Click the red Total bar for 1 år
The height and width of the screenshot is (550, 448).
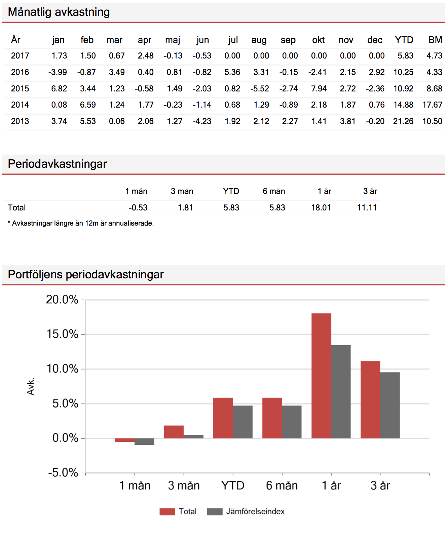pos(321,376)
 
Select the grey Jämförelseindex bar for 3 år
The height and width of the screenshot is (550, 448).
pos(390,405)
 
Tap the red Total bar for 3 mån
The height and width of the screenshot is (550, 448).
pos(174,432)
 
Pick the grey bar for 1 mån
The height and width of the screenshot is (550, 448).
pos(144,441)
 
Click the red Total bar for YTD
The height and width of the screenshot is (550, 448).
pos(223,418)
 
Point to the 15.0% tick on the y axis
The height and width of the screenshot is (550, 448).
pos(62,334)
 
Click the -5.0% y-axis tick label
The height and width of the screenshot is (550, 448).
pos(63,473)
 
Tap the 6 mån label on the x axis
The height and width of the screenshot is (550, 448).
pos(282,485)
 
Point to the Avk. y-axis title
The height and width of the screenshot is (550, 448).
pos(31,386)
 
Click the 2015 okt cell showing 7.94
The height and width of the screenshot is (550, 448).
pos(319,89)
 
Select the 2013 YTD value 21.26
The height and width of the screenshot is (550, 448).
pos(403,121)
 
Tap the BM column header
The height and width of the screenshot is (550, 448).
pos(435,40)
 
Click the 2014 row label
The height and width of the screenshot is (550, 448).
pos(20,105)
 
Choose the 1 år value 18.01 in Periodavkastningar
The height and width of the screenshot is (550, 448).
pos(321,208)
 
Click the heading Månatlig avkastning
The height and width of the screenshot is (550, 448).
pos(59,12)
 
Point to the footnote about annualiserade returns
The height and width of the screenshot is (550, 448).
pos(81,223)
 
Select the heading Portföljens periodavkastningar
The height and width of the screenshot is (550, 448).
pos(86,275)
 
